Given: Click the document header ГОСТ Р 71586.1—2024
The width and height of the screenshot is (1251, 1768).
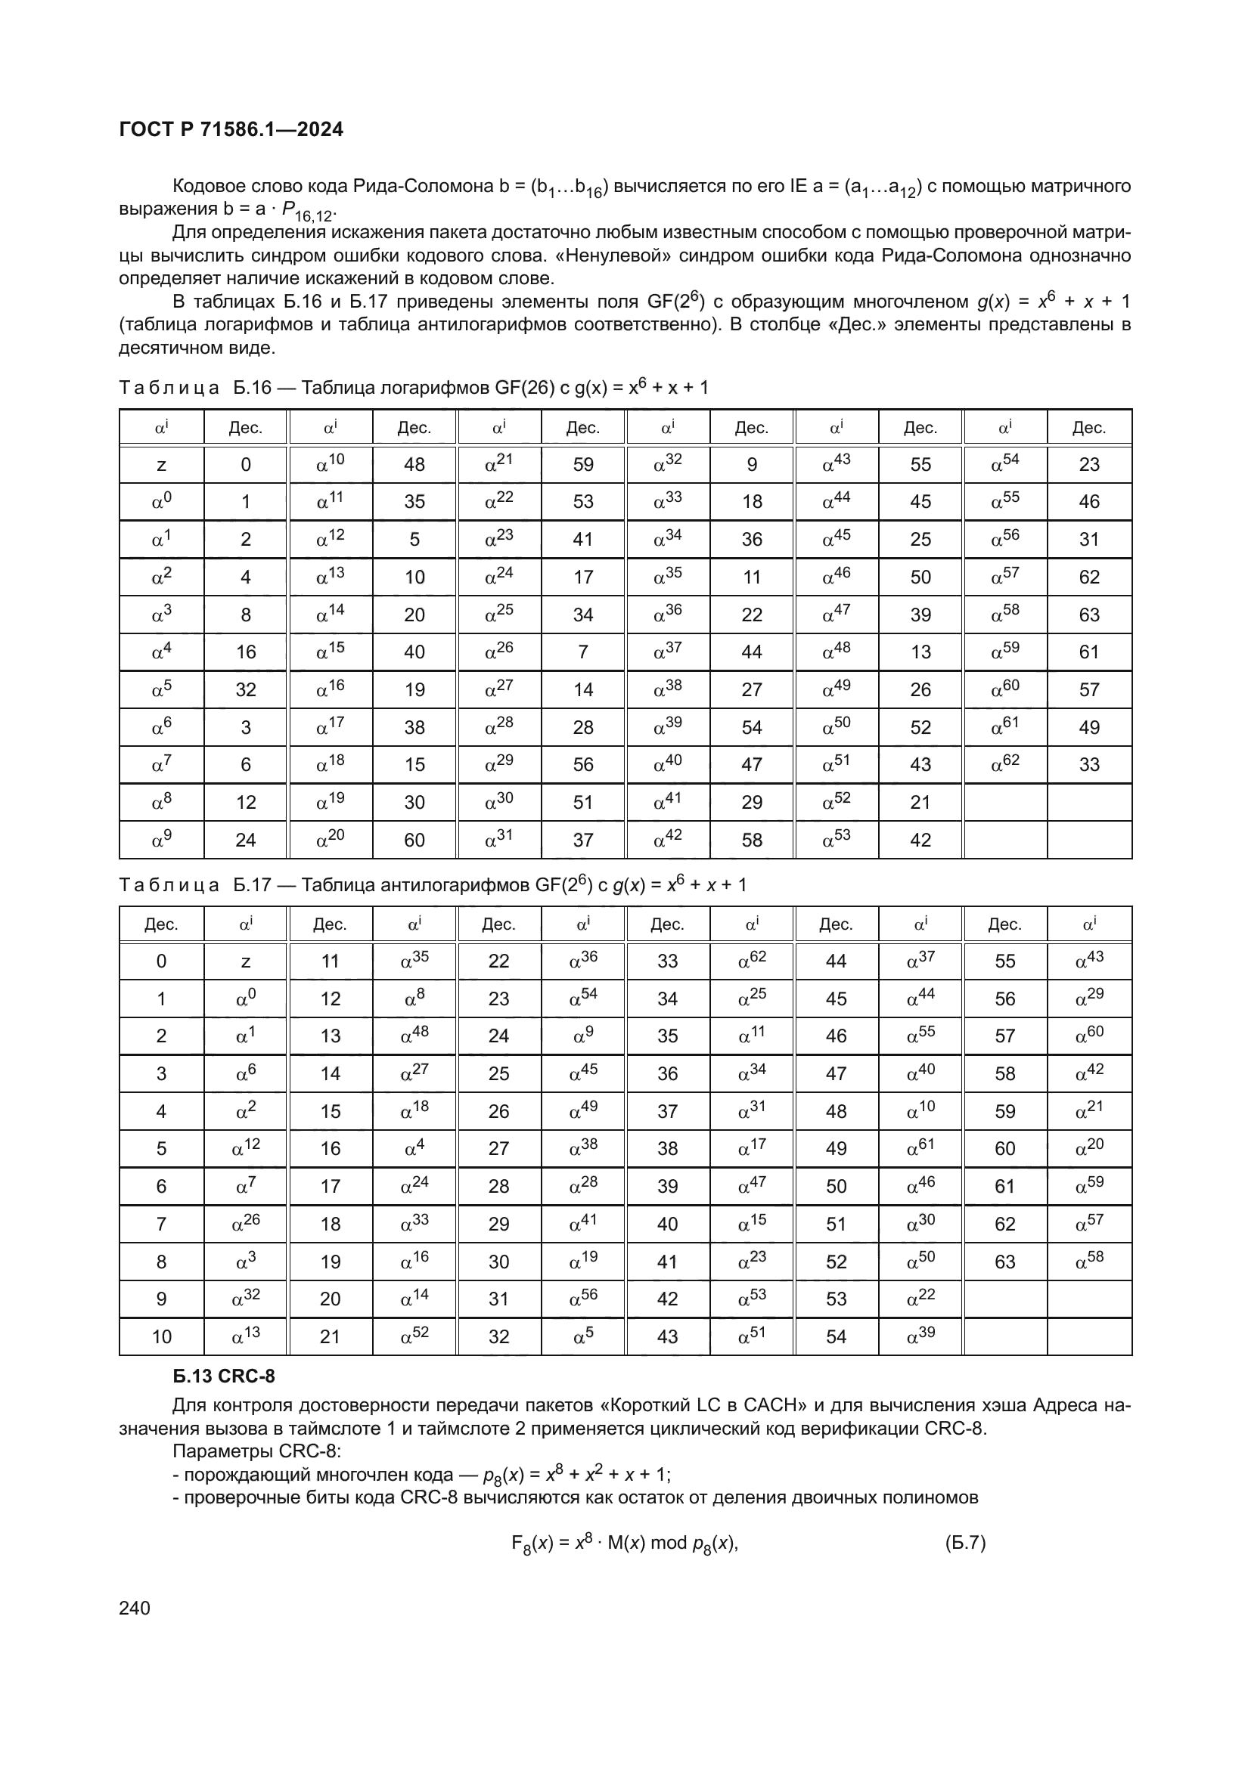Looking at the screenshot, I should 231,129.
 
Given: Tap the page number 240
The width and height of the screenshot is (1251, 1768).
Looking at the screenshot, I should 135,1608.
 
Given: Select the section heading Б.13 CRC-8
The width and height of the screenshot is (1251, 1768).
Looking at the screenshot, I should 223,1376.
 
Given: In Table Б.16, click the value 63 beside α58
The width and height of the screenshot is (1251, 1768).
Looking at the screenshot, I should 1088,615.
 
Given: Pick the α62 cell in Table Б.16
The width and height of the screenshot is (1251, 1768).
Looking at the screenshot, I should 1004,764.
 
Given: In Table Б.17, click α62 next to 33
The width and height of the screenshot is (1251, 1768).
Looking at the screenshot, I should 752,960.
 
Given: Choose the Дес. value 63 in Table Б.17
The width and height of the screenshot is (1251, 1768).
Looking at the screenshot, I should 1004,1262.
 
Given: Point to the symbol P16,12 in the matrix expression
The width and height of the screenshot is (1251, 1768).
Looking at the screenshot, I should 309,212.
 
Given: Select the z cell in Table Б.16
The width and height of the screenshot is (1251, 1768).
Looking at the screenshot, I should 161,465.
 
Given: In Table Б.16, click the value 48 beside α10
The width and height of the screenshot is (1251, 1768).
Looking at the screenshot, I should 414,465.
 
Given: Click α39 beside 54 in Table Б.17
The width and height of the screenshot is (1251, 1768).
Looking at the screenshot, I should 920,1335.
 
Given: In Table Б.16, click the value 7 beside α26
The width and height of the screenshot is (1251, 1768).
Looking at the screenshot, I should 583,652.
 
